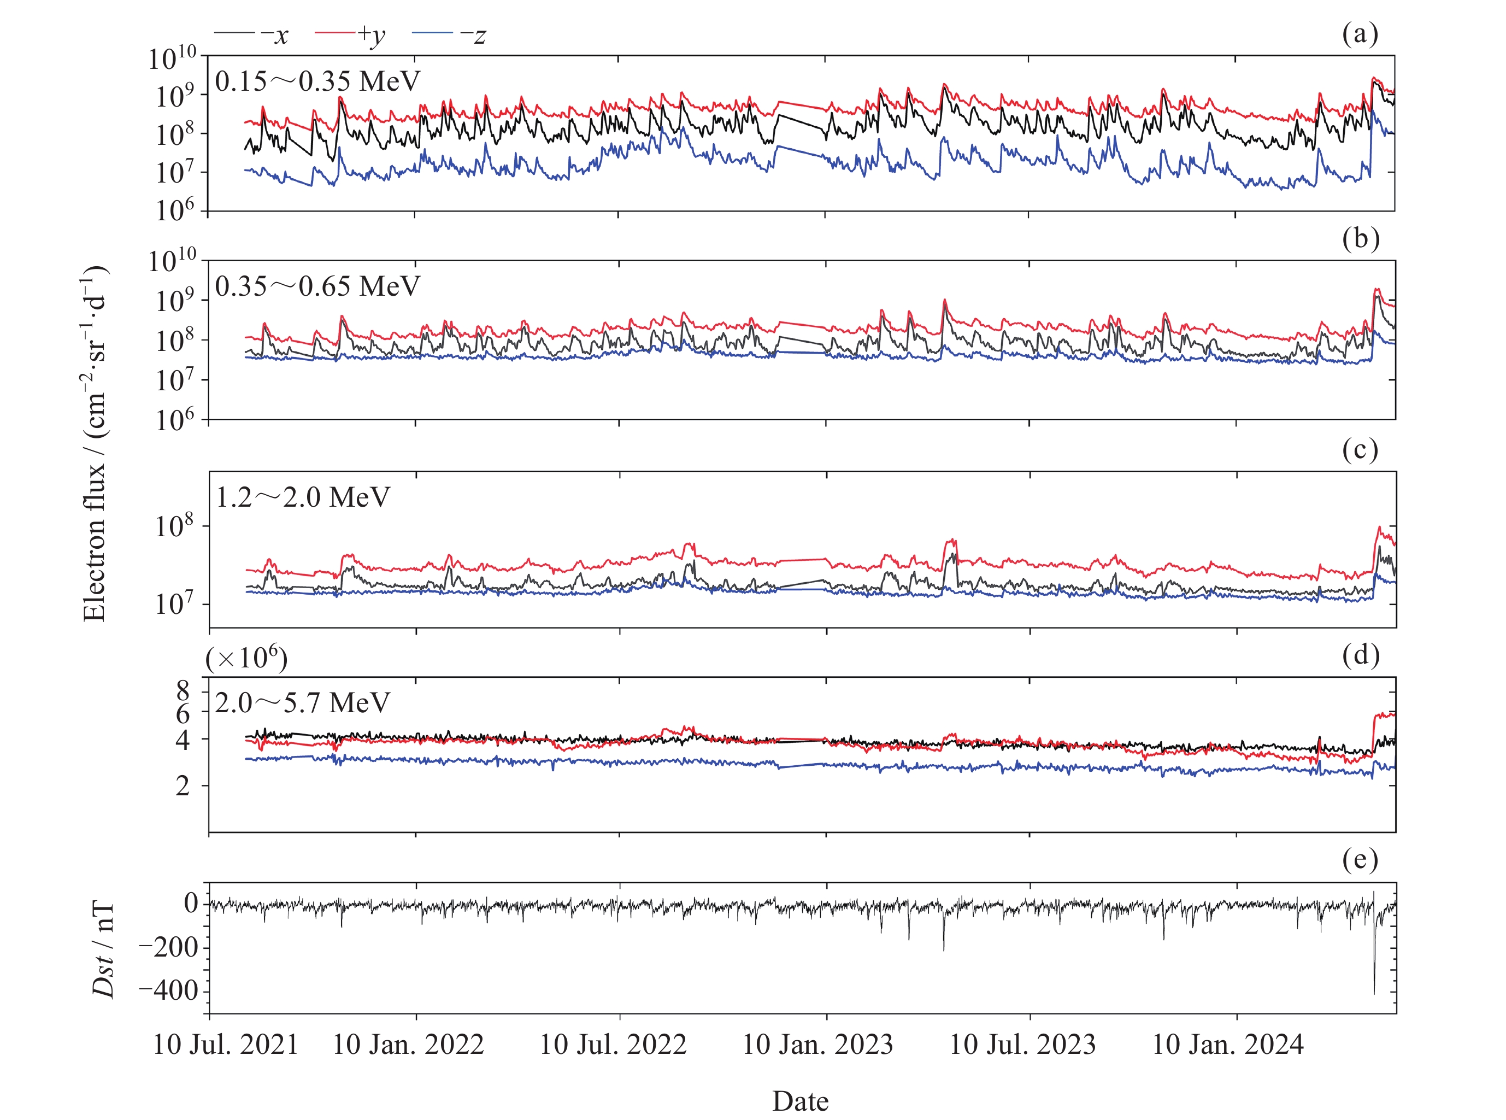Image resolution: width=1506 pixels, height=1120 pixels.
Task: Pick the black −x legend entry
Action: click(x=251, y=34)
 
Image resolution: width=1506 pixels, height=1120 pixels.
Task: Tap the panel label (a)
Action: click(x=1360, y=33)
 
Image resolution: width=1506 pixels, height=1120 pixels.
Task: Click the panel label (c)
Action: click(x=1360, y=449)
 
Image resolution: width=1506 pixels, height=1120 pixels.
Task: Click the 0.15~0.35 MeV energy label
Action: click(x=317, y=82)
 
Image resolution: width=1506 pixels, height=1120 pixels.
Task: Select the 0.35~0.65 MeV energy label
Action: click(x=317, y=287)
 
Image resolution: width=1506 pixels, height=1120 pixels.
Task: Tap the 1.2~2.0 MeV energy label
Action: click(x=302, y=497)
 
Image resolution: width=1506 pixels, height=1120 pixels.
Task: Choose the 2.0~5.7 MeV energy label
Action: click(x=302, y=703)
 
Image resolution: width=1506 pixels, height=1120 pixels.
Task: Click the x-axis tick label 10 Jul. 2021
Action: click(x=226, y=1045)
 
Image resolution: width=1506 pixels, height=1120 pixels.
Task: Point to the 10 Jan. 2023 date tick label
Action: click(x=817, y=1045)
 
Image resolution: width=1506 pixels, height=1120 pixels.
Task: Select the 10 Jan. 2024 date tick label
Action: click(x=1227, y=1045)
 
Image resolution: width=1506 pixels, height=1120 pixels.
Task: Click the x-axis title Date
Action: click(x=800, y=1101)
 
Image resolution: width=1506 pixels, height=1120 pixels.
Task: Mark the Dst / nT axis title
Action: click(x=103, y=949)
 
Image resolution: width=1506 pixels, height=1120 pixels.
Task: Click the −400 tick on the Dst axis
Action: click(x=168, y=991)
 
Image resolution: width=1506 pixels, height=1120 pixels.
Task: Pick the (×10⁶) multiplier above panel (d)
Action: click(x=246, y=658)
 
